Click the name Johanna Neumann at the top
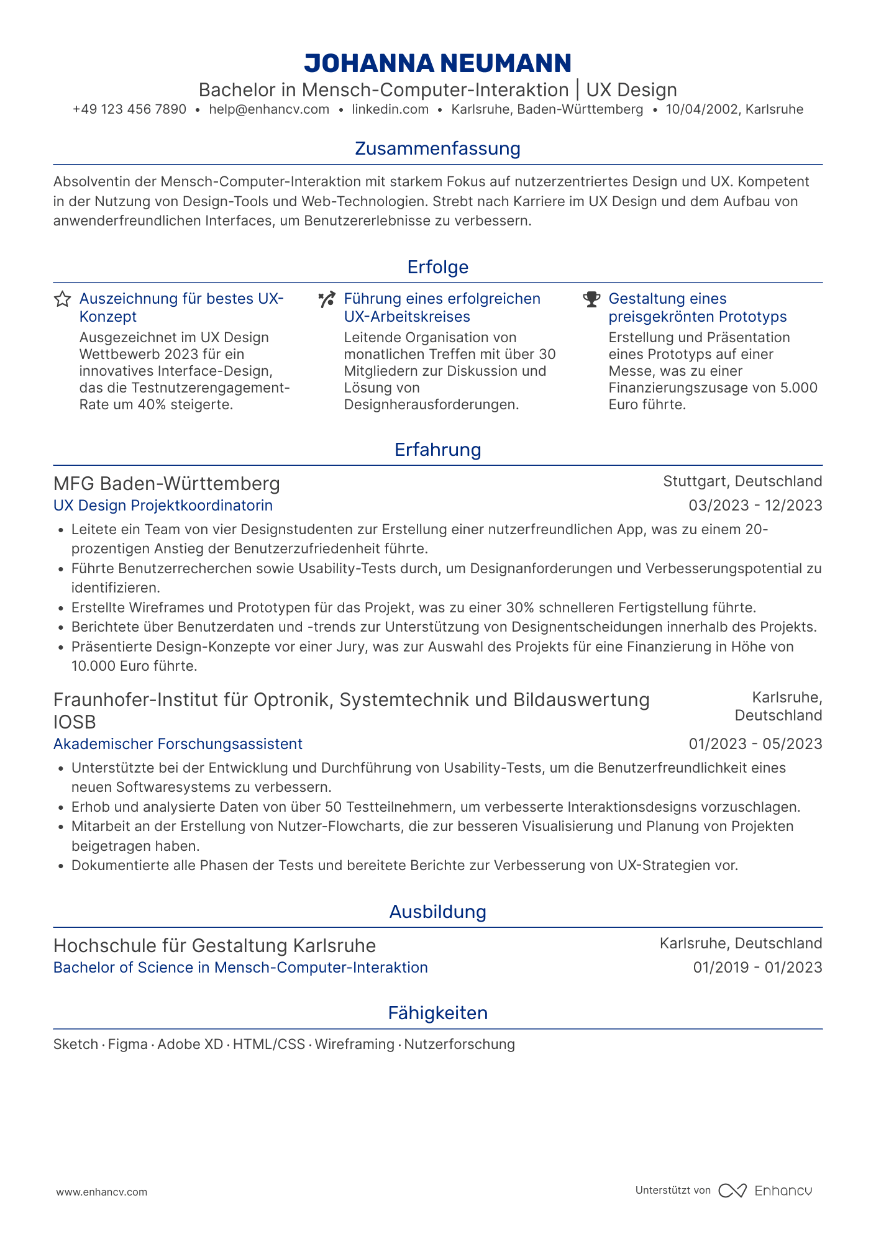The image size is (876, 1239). point(437,63)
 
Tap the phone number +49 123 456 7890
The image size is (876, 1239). point(129,110)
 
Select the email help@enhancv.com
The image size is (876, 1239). point(269,110)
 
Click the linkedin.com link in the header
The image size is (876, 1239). point(390,110)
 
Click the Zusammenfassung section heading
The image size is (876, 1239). point(437,148)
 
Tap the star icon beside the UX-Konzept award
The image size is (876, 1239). point(62,299)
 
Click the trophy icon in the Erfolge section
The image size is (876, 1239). point(591,299)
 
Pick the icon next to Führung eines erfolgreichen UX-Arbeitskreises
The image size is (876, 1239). point(327,299)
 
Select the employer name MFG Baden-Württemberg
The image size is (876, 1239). point(167,483)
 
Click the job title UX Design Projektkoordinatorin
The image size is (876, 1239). point(163,506)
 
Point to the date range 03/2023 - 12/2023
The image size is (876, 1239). point(755,506)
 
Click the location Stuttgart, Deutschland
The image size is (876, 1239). point(742,481)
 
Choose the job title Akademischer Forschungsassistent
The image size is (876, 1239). point(178,744)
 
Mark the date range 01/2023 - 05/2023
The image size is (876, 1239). point(755,744)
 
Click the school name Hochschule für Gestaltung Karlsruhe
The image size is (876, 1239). point(214,946)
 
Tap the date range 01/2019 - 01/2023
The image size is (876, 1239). point(757,968)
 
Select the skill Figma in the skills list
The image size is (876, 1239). point(127,1045)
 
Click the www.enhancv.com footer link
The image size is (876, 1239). point(102,1192)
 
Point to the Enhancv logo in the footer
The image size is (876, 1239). point(765,1191)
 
